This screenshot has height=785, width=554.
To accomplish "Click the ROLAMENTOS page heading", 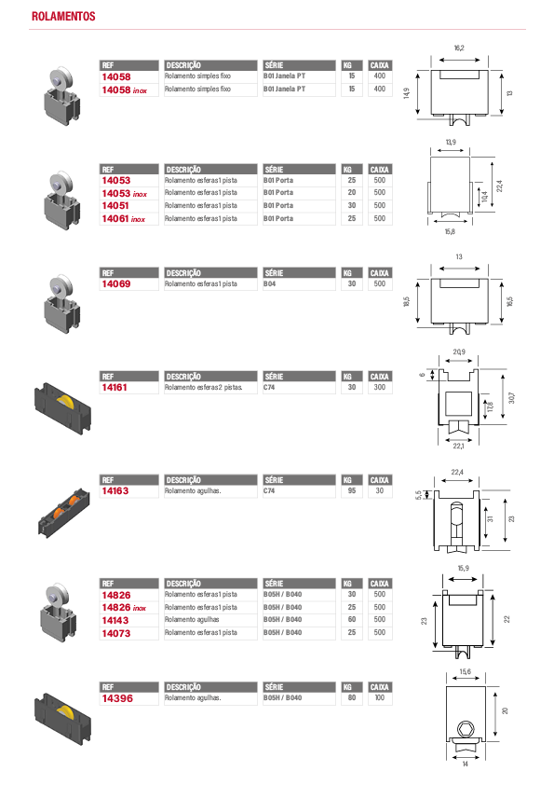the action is coord(63,16).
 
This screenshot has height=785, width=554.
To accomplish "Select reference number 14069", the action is coord(116,283).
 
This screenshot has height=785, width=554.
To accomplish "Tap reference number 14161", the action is coord(115,388).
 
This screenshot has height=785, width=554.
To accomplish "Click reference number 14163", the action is coord(115,491).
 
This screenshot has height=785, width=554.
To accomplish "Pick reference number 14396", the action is coord(117,698).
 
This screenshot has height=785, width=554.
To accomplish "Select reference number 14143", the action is coord(115,620).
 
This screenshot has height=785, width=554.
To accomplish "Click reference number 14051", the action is coord(115,206).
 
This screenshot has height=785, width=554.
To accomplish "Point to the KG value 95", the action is coord(352,490).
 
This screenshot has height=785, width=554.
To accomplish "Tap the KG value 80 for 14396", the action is coord(352,697).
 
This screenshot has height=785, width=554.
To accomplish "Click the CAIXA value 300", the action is coord(380,387).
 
